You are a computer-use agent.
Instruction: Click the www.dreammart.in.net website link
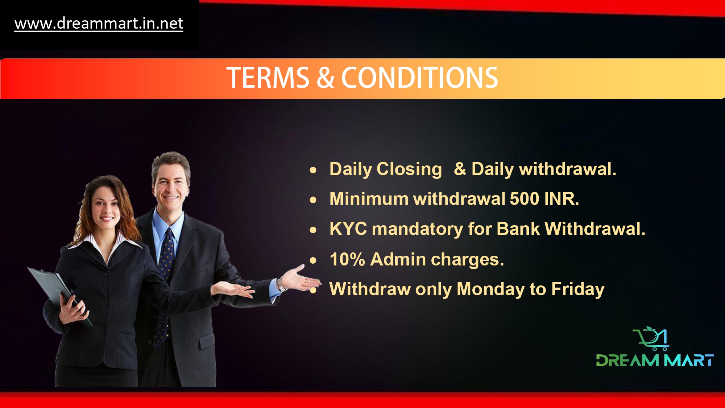click(99, 24)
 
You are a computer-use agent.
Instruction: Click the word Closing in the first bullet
click(409, 169)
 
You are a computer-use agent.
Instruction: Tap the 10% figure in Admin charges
click(347, 259)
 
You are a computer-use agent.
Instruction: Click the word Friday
click(578, 289)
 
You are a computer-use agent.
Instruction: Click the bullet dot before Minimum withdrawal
click(313, 199)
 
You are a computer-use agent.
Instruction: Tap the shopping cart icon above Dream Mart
click(651, 338)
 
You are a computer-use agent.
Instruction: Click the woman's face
click(105, 205)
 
